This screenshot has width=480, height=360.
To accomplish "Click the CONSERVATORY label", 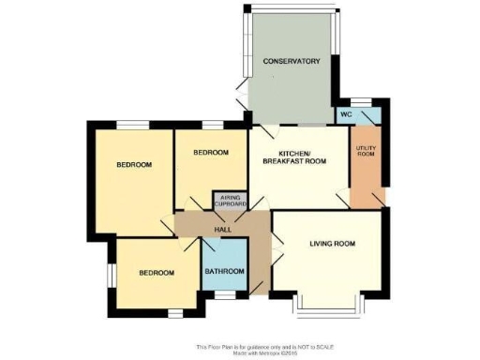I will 292,61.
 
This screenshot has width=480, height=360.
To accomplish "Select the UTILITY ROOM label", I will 366,151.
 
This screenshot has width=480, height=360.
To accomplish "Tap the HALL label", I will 223,229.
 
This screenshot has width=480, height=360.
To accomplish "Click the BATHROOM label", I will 224,272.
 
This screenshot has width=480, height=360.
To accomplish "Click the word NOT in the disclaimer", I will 297,346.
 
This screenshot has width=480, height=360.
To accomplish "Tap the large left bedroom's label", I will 134,165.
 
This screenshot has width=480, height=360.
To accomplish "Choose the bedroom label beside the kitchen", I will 211,152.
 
